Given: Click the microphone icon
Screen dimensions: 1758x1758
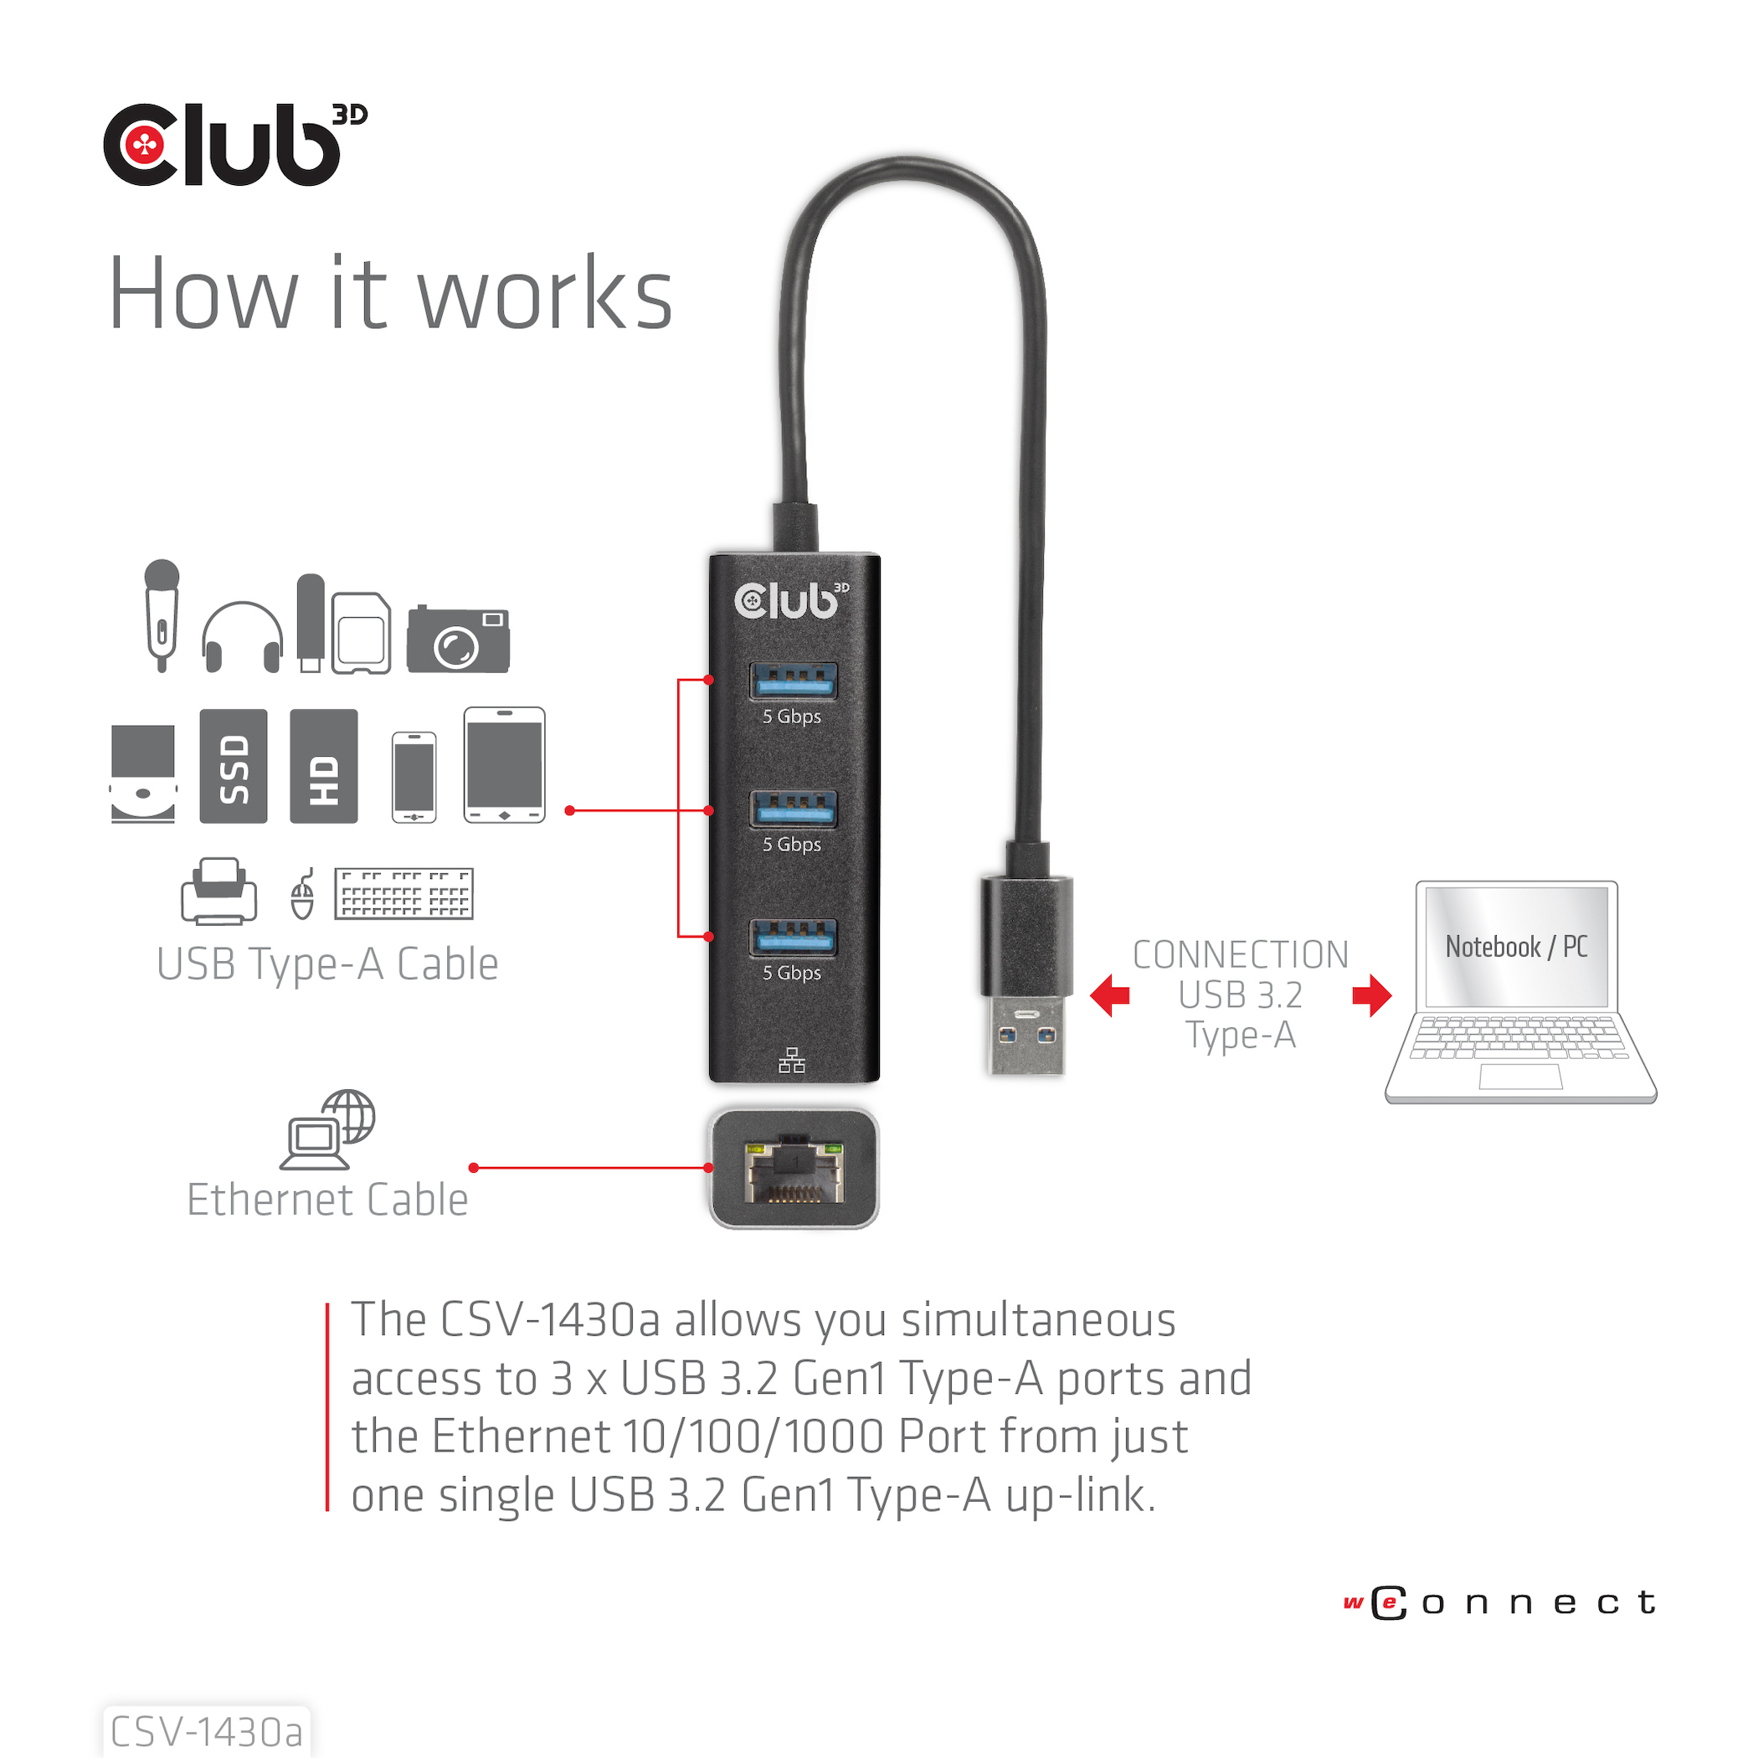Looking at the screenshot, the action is pos(162,615).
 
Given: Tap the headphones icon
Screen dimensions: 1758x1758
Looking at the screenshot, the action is pos(242,636).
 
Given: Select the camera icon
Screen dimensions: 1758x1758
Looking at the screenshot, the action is pos(458,639).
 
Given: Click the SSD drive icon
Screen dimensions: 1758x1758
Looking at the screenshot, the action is pos(234,766).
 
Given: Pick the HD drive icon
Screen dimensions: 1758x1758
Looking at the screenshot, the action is pos(324,766).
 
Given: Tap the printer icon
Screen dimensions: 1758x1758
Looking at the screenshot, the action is pos(218,891).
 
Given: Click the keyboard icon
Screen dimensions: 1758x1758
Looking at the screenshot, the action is pos(404,893).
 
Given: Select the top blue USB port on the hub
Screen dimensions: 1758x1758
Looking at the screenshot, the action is pos(794,681).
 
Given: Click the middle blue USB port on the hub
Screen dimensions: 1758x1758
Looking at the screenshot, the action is pos(794,809).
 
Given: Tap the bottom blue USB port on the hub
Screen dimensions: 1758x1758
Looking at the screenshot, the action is pos(794,938).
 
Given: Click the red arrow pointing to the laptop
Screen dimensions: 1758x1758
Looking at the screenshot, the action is pos(1372,995).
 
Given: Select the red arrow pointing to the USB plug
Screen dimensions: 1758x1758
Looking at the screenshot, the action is pos(1110,995).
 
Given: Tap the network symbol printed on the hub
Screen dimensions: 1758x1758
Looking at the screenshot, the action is pos(792,1060).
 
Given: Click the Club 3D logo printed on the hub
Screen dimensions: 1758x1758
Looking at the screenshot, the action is pos(792,600).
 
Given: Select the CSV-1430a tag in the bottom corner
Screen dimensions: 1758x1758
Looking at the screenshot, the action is pos(207,1731).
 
